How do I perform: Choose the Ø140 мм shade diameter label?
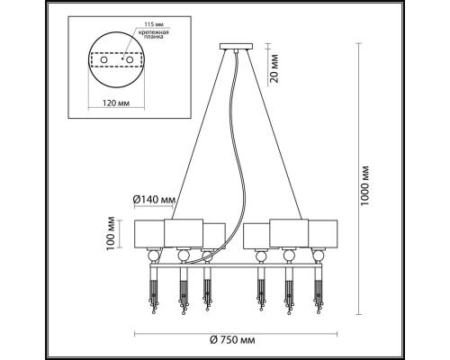pos(152,199)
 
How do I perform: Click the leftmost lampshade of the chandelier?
pos(150,232)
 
